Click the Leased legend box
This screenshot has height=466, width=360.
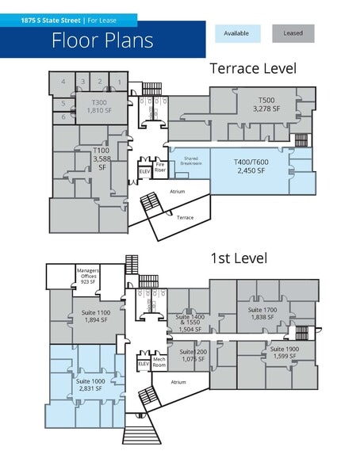[x=293, y=33]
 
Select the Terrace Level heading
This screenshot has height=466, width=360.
[x=252, y=69]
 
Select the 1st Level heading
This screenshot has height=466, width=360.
[x=238, y=258]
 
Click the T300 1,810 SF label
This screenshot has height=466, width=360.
[x=99, y=106]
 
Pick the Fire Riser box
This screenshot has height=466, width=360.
[x=159, y=169]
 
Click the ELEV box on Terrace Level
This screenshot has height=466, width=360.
[x=144, y=171]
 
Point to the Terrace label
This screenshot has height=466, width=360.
[x=185, y=216]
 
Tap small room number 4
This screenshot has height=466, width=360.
[x=62, y=82]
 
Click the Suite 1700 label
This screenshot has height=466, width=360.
[x=261, y=313]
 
